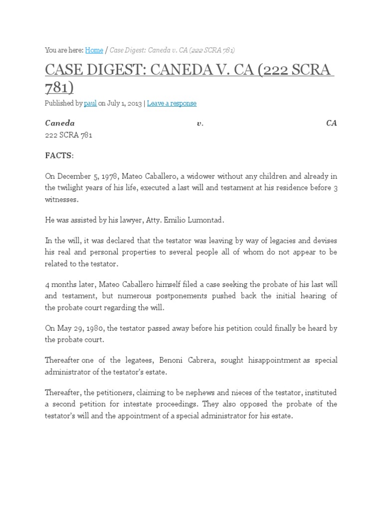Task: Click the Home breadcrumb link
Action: (94, 50)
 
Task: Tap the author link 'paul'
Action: (90, 103)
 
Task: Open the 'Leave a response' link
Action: (172, 103)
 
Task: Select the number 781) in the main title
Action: (59, 88)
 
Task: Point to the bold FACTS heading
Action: (59, 156)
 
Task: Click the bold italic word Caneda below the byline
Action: (60, 123)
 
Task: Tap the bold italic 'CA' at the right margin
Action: (332, 123)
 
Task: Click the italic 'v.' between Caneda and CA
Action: (200, 123)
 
